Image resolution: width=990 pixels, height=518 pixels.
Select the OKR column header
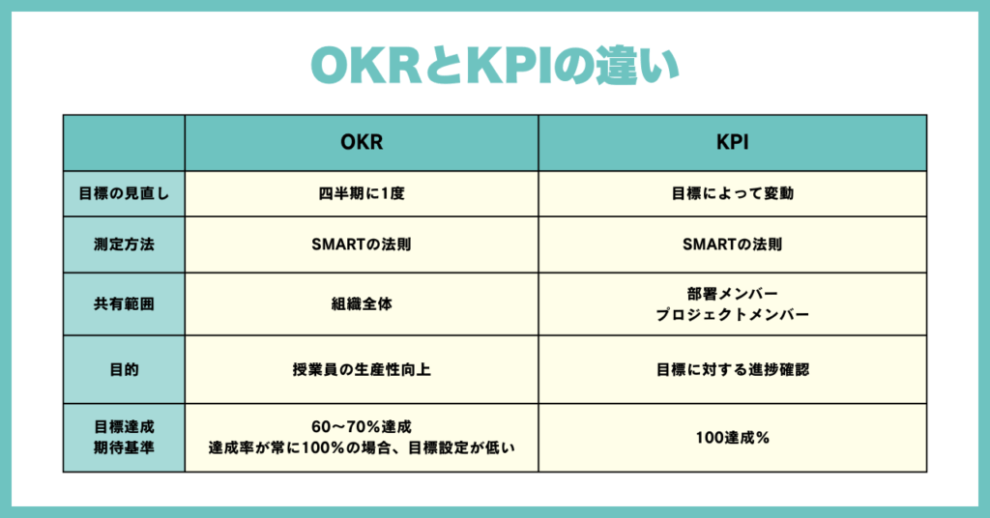(362, 142)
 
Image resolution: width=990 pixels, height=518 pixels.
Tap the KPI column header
(733, 142)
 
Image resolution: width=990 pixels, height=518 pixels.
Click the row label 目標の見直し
(124, 193)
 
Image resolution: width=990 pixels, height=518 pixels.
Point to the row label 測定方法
(124, 245)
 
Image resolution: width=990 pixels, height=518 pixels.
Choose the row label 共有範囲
(124, 303)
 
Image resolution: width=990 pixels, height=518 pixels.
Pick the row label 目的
(124, 369)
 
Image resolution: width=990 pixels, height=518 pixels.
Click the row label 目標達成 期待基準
(124, 437)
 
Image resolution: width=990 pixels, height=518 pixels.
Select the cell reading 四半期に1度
(362, 193)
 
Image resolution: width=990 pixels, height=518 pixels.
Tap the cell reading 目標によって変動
(733, 193)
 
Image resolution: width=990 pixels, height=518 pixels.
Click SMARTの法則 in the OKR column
(362, 245)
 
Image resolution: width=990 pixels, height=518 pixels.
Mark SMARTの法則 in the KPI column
(733, 245)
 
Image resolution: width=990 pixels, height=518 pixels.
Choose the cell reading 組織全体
(362, 303)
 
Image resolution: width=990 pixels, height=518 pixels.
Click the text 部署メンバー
(733, 294)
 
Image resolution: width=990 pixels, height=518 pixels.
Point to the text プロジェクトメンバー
(733, 314)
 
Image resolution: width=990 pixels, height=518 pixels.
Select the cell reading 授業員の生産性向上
(362, 369)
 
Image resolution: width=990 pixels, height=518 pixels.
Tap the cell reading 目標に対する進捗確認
(733, 369)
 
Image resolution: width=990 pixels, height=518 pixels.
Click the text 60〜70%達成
(362, 426)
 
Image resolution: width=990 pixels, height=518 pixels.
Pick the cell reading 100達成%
(733, 437)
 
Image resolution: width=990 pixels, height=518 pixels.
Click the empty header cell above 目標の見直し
(124, 143)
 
